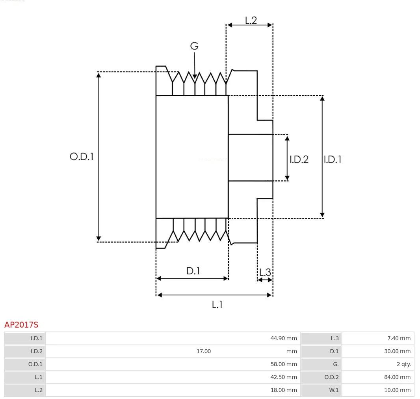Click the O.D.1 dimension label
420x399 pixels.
click(82, 157)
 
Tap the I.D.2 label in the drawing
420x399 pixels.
click(299, 159)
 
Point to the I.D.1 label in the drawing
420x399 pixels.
click(333, 159)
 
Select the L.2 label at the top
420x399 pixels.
click(251, 21)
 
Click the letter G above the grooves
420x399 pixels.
click(194, 46)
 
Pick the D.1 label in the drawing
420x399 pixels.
click(193, 271)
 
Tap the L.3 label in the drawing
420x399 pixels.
click(265, 272)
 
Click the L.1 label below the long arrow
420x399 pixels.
click(217, 305)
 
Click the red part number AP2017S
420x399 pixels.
click(21, 325)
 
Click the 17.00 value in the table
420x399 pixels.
click(204, 351)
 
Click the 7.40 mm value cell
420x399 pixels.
click(400, 338)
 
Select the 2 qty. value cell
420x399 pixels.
click(403, 364)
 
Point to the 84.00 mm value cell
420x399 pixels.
click(398, 377)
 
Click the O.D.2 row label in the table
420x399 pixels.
click(331, 377)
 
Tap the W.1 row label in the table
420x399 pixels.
click(334, 390)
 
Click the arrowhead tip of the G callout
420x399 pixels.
click(195, 78)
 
